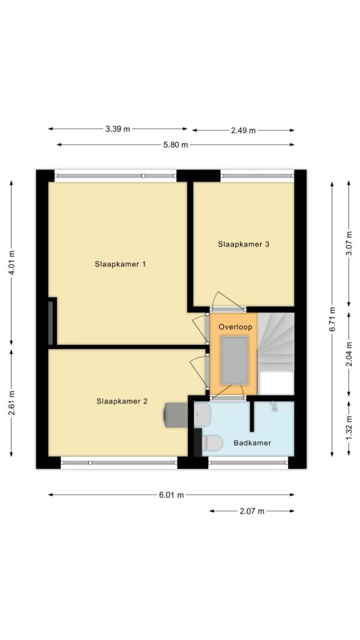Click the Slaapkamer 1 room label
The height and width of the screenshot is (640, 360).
click(x=120, y=264)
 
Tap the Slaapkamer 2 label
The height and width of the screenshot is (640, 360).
click(x=122, y=401)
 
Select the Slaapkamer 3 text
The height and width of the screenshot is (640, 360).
click(x=243, y=245)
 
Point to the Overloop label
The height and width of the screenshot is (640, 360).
click(x=235, y=327)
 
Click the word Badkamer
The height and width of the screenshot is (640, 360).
click(x=252, y=443)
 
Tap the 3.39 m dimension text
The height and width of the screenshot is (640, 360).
click(x=118, y=129)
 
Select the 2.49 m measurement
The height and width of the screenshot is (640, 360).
click(x=243, y=131)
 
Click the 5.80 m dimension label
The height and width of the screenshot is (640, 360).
click(x=176, y=145)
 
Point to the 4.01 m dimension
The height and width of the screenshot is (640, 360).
click(x=12, y=263)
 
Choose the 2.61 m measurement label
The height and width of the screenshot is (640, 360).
click(x=12, y=403)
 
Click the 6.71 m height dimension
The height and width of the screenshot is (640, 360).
click(x=332, y=319)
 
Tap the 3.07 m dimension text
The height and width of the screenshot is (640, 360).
click(x=349, y=244)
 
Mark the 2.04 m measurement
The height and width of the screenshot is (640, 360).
click(x=349, y=354)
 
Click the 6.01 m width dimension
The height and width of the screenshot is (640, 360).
click(x=172, y=495)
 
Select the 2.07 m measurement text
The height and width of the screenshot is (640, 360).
click(x=252, y=511)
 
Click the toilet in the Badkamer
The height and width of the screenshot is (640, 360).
click(x=211, y=442)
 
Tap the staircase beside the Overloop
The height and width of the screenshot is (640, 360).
click(x=276, y=342)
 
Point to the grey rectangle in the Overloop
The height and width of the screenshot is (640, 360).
click(x=234, y=360)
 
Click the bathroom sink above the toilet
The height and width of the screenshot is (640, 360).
click(x=202, y=414)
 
